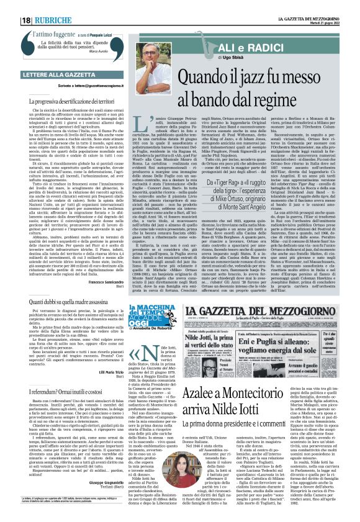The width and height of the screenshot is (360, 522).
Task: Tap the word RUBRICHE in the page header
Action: pos(54,20)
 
